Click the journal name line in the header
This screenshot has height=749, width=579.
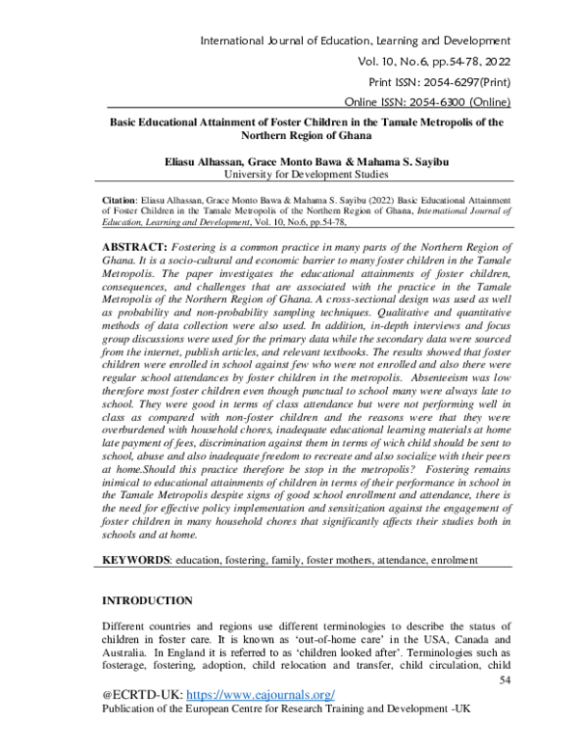353,40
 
